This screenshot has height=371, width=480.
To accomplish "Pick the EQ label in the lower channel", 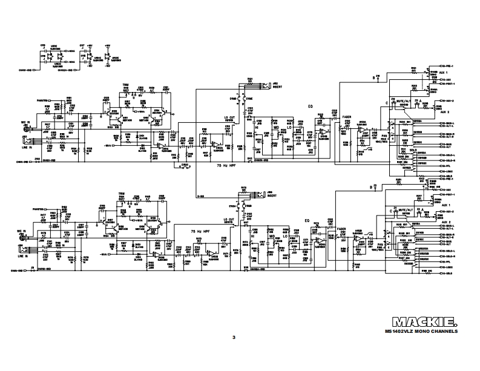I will (x=307, y=221).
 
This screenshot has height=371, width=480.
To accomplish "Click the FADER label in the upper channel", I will (x=346, y=116).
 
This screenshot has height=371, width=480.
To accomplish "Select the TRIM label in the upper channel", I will (x=126, y=85).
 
